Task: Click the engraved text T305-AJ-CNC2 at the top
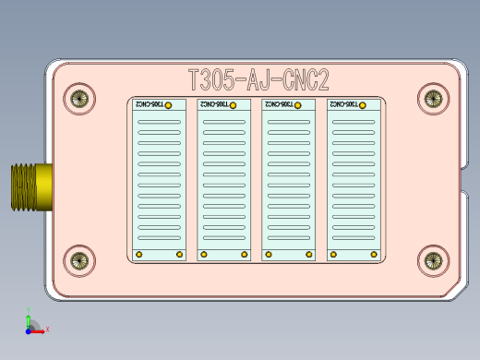(258, 80)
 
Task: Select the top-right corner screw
(432, 97)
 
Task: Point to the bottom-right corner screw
(432, 261)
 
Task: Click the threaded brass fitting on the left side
(30, 186)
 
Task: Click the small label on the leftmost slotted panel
(150, 105)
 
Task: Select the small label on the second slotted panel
(215, 105)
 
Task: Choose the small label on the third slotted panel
(280, 105)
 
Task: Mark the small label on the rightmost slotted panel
(344, 105)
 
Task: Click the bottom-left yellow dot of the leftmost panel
(138, 254)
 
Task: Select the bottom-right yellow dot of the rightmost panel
(374, 254)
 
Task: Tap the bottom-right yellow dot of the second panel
(245, 254)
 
